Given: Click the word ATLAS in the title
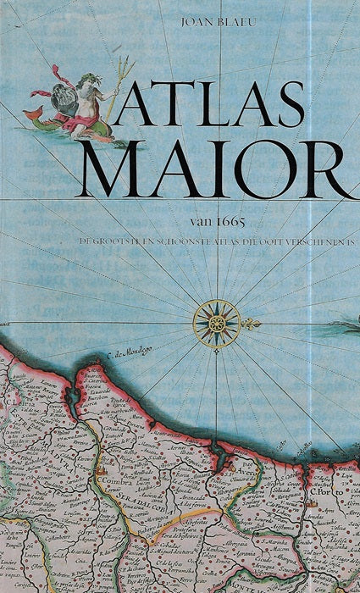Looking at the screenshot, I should [208, 107].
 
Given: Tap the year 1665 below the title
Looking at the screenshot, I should [229, 222].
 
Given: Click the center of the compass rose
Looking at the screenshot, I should [216, 324].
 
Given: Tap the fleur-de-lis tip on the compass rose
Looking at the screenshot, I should [252, 324].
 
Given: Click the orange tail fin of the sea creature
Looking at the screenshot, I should [31, 114].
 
